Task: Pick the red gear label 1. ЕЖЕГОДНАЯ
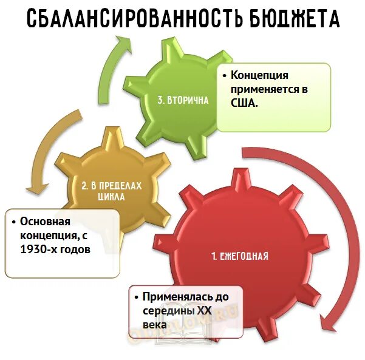point(240,256)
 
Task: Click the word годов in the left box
point(75,249)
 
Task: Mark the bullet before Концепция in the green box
point(225,76)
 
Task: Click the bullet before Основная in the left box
point(15,222)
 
